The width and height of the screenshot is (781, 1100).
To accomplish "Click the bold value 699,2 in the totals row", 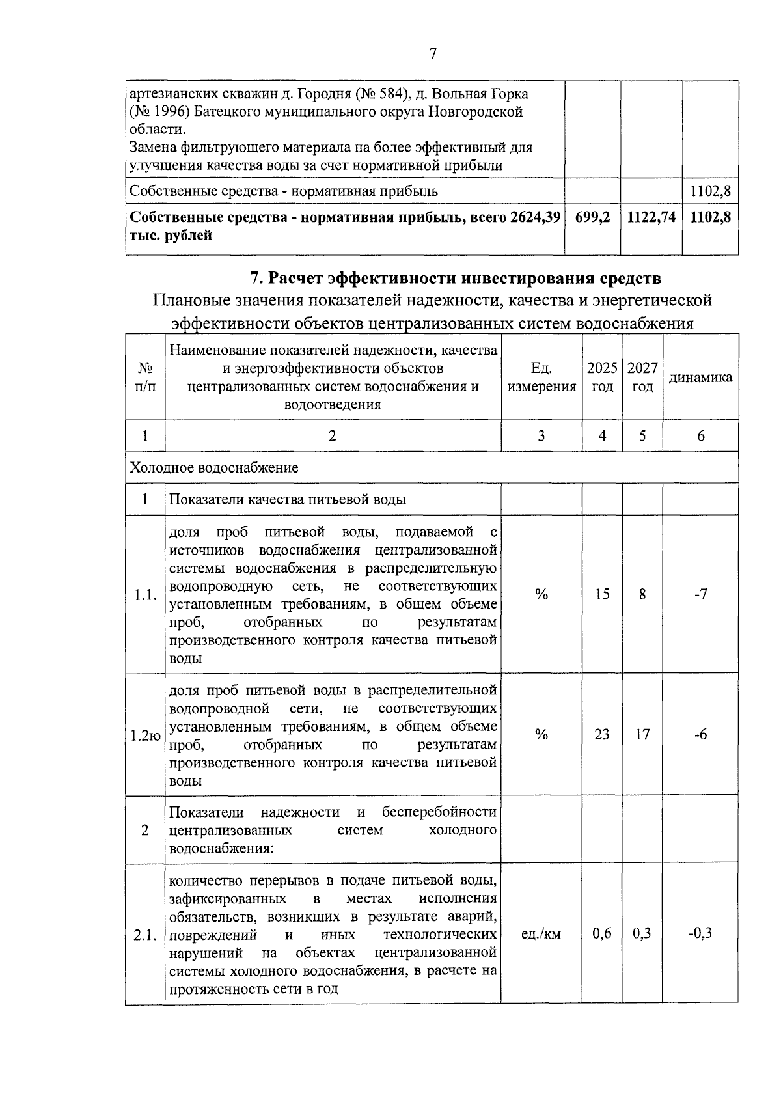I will [592, 217].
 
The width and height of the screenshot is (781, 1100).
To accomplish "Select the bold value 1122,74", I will [651, 217].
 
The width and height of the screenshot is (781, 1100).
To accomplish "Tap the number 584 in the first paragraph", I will [388, 94].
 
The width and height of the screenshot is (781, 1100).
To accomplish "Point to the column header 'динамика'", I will [700, 378].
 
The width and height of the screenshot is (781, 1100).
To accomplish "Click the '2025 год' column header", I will [602, 377].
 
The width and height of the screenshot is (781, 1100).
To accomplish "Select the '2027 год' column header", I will [642, 377].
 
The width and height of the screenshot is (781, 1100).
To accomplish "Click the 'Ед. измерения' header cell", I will [541, 377].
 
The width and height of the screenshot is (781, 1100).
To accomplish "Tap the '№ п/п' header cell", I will [145, 377].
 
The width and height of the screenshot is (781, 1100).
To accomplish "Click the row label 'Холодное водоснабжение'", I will [214, 467].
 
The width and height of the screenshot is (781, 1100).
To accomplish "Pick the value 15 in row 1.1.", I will [602, 594].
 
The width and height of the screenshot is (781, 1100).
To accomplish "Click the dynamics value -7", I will [700, 594].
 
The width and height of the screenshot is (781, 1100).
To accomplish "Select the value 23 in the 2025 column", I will [602, 735].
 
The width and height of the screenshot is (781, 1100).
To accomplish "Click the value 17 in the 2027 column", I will [642, 735].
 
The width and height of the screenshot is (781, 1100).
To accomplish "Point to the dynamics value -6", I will [700, 735].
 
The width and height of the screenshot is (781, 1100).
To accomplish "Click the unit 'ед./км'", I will [541, 934].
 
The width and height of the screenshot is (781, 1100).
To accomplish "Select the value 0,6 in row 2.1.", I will [602, 934].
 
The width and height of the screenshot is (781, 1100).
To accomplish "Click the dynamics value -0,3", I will [700, 934].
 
